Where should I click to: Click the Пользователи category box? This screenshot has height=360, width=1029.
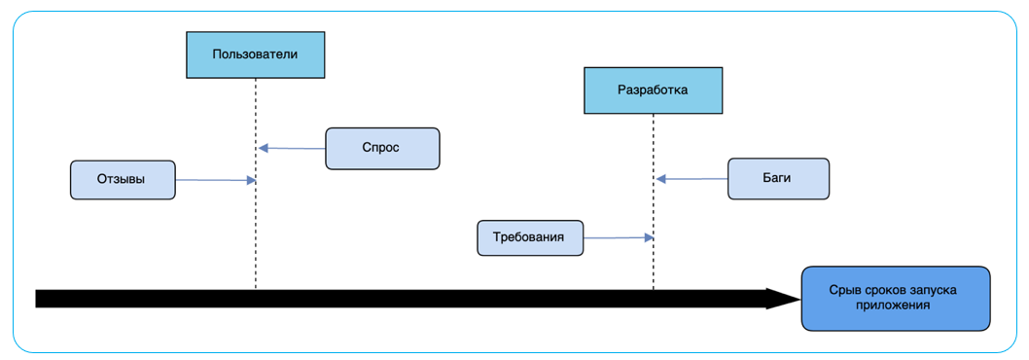point(255,54)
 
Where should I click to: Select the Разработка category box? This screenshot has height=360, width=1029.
point(653,90)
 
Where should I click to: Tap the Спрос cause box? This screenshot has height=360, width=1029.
point(382,148)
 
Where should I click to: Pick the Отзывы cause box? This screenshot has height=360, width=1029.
point(123,180)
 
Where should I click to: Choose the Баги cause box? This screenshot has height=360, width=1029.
point(778,179)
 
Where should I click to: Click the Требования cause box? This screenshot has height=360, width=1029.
point(530,237)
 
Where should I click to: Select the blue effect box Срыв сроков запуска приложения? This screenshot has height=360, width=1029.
point(895,298)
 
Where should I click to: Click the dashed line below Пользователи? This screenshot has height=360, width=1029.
point(256,224)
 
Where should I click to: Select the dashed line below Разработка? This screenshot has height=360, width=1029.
point(654,263)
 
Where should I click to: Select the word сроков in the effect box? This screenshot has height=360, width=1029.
point(887,290)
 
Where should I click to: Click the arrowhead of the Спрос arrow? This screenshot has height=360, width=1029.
point(263,148)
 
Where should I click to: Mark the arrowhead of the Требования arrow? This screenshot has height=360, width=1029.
point(648,237)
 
